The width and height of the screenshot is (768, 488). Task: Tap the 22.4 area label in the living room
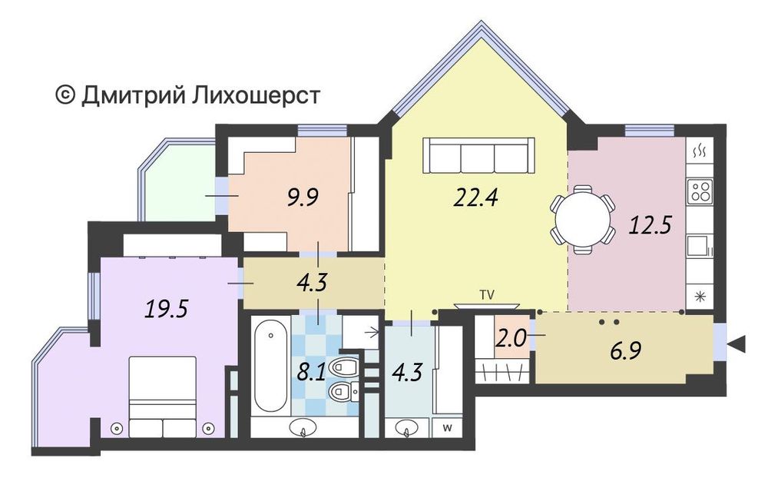(x=476, y=198)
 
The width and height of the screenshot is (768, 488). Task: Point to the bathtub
(x=269, y=367)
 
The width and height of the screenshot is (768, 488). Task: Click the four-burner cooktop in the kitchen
(x=700, y=189)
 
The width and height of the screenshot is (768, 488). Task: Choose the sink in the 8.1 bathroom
(x=305, y=428)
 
